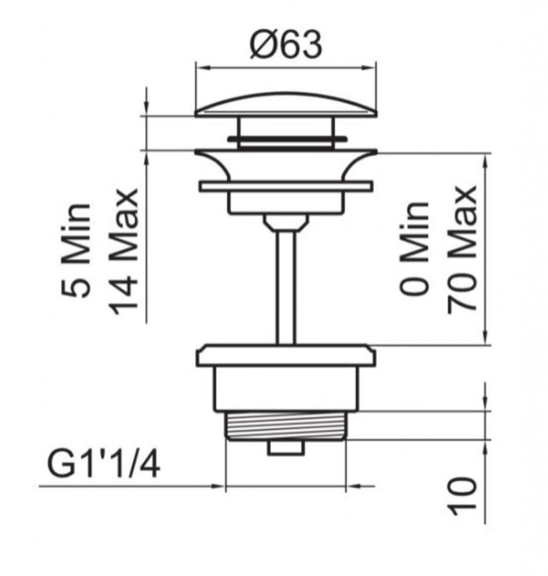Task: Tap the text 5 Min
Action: pyautogui.click(x=76, y=250)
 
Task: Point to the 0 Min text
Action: pyautogui.click(x=414, y=248)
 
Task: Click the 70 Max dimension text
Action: pyautogui.click(x=462, y=250)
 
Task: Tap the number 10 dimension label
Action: pyautogui.click(x=461, y=496)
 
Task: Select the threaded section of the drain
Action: pyautogui.click(x=285, y=426)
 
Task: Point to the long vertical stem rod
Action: pyautogui.click(x=286, y=286)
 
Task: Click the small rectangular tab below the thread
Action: pyautogui.click(x=286, y=448)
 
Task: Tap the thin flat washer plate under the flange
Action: pyautogui.click(x=286, y=186)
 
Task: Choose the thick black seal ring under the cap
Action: pyautogui.click(x=287, y=139)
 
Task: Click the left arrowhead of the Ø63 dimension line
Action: pyautogui.click(x=202, y=67)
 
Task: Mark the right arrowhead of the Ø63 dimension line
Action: pyautogui.click(x=370, y=67)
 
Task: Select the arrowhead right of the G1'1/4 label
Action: pyautogui.click(x=218, y=486)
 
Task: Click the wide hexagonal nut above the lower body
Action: pyautogui.click(x=286, y=355)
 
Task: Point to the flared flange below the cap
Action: pyautogui.click(x=286, y=165)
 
